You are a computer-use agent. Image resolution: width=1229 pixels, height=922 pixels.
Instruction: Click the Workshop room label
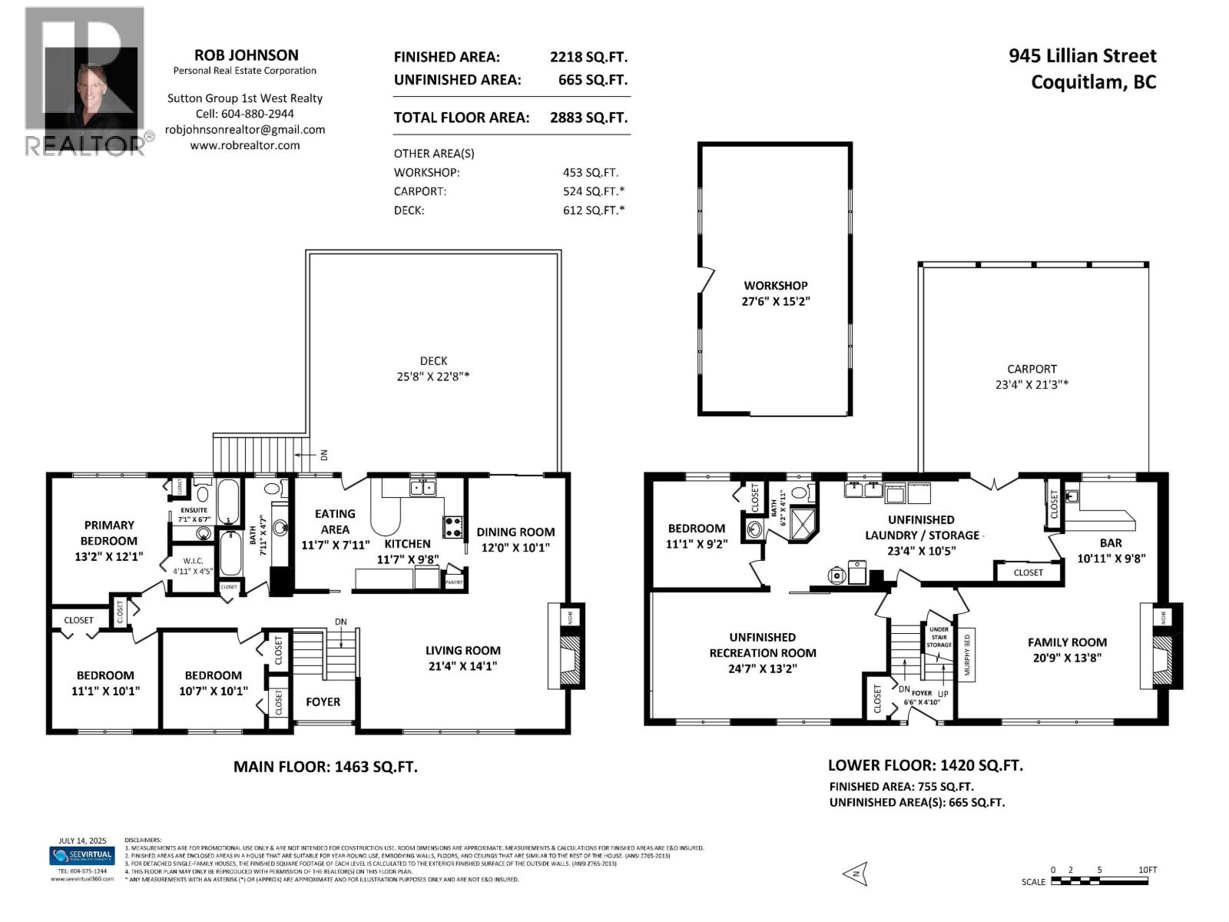(775, 286)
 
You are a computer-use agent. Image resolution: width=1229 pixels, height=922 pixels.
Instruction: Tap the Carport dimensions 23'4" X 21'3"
(1032, 385)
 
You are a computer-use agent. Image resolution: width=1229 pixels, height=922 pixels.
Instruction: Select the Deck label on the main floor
(433, 360)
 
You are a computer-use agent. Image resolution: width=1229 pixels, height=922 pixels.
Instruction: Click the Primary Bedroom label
(109, 532)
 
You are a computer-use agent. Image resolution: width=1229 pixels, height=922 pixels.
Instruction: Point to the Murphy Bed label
(967, 653)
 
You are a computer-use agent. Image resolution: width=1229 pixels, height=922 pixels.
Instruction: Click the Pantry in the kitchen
(454, 581)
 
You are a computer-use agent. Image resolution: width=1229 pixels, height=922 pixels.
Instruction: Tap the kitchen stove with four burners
(452, 526)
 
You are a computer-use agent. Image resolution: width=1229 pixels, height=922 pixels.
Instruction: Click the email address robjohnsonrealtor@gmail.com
(245, 130)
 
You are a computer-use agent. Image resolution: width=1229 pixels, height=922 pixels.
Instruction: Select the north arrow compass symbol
(854, 874)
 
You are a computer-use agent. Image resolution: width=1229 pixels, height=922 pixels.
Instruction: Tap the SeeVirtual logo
(81, 855)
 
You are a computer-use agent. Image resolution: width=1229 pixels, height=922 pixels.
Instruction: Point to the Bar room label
(1111, 543)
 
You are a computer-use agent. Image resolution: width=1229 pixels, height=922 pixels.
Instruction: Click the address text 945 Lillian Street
(1082, 56)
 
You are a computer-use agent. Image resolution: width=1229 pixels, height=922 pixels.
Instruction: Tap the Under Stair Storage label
(939, 637)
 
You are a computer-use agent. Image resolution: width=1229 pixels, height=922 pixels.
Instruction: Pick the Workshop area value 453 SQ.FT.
(590, 173)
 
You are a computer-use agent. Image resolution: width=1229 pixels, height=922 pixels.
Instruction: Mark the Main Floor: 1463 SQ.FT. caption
(326, 767)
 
